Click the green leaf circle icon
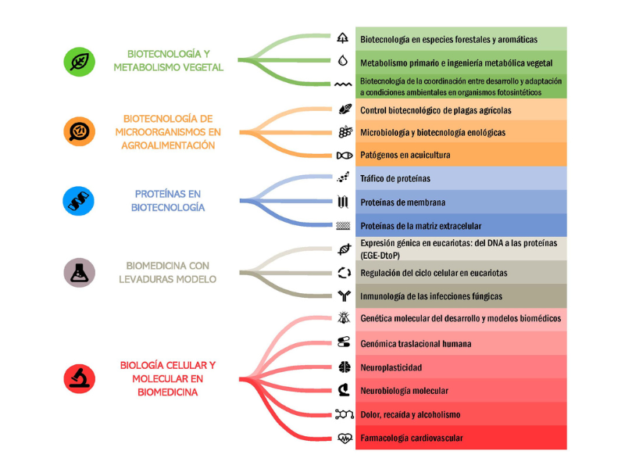pos(80,62)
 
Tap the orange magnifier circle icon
pos(80,131)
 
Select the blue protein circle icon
pos(79,201)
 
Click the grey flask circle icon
pos(80,273)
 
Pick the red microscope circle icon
pos(80,378)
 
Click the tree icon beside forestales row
pos(342,38)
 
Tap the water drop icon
pos(343,61)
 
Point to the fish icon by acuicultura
pos(345,155)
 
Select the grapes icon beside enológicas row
pos(345,132)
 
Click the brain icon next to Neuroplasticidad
pos(345,367)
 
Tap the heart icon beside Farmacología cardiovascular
pos(345,439)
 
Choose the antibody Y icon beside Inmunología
pos(344,296)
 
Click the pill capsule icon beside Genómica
pos(344,342)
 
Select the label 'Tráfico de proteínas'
pos(395,179)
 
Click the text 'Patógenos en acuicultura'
pos(405,155)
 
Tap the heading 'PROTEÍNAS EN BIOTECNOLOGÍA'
pos(168,201)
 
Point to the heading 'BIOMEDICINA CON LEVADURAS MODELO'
pos(167,272)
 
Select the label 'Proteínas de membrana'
pos(402,202)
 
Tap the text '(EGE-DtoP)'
pos(380,256)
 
